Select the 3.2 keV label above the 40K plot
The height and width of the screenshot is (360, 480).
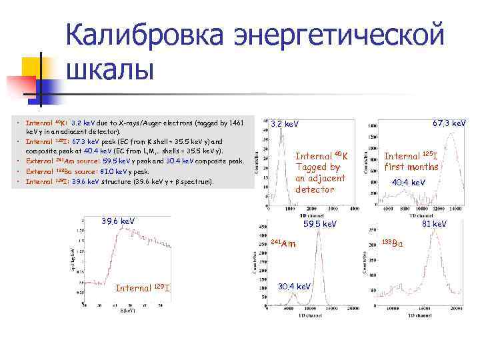pyautogui.click(x=285, y=124)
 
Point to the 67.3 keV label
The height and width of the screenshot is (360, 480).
pyautogui.click(x=449, y=123)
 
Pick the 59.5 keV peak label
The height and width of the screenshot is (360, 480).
pyautogui.click(x=320, y=224)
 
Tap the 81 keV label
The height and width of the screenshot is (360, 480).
pyautogui.click(x=433, y=224)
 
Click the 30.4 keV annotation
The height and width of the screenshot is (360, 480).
pyautogui.click(x=294, y=286)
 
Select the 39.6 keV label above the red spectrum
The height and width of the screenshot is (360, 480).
pyautogui.click(x=117, y=221)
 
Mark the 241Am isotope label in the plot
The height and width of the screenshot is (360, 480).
pyautogui.click(x=283, y=244)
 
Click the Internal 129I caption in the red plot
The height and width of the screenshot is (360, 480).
pyautogui.click(x=143, y=287)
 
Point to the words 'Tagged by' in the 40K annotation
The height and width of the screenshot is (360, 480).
pyautogui.click(x=317, y=167)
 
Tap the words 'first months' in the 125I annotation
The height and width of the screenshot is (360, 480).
pyautogui.click(x=411, y=167)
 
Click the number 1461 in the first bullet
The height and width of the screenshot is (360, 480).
pyautogui.click(x=236, y=123)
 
